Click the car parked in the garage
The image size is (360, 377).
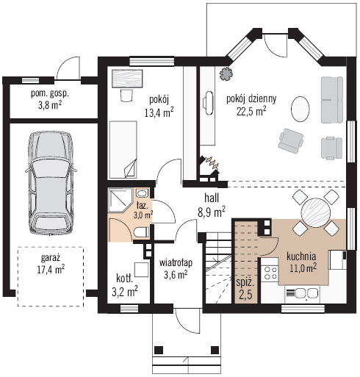pos(51,183)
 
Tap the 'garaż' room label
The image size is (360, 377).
pos(51,258)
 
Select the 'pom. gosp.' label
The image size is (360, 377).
pos(50,94)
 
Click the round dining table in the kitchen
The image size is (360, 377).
pos(316,212)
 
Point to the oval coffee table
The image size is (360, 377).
pos(300,109)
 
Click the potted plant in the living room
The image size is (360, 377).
pos(226,73)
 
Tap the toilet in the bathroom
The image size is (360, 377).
pos(141,232)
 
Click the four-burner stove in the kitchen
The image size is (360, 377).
pos(270,273)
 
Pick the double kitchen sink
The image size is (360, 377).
pos(302,292)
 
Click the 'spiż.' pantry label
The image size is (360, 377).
pos(245,283)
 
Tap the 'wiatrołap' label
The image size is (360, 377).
pos(176,262)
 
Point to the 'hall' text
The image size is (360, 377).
pos(212,198)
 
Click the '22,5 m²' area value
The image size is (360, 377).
pos(251,111)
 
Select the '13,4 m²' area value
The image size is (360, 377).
pos(159,112)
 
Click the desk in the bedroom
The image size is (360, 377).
pos(127,79)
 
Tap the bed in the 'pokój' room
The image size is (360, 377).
pos(123,149)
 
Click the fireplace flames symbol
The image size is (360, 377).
pos(212,162)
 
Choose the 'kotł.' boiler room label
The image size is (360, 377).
pos(125,279)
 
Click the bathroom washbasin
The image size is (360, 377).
pos(141,193)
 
